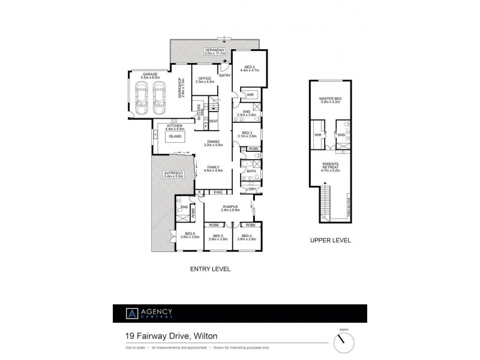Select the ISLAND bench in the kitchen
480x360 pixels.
[175, 136]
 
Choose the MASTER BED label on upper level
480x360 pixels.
[330, 100]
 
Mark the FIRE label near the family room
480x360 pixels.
[218, 193]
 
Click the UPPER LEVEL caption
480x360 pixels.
[330, 241]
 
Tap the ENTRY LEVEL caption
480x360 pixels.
[210, 269]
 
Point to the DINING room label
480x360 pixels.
[213, 142]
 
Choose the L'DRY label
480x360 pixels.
[251, 190]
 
